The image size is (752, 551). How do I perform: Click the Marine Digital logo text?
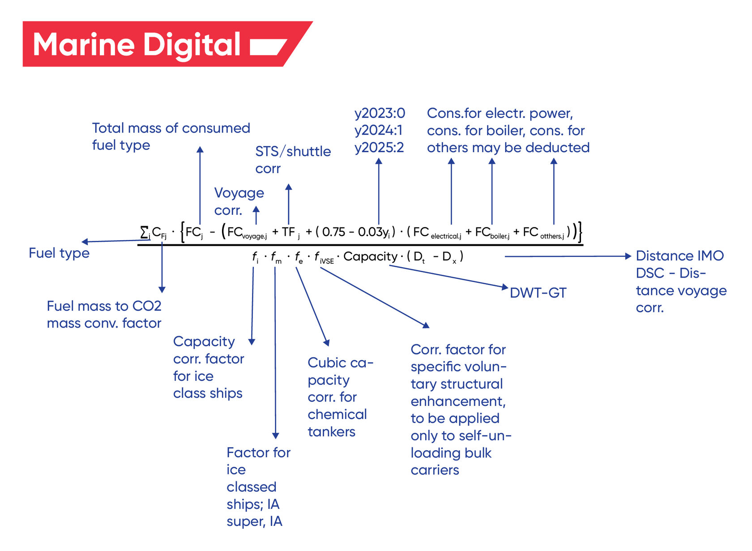[137, 45]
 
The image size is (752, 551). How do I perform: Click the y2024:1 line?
[378, 130]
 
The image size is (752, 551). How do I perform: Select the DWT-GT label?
[538, 293]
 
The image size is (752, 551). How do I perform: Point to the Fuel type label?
[59, 253]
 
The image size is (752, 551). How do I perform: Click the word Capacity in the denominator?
[370, 256]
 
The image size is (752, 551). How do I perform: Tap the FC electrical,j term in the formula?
[437, 232]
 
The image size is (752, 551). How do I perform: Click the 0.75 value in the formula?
[333, 232]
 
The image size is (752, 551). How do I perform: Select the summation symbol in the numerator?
[144, 232]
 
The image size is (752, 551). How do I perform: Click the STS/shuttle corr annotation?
[293, 160]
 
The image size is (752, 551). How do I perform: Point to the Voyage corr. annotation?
[239, 201]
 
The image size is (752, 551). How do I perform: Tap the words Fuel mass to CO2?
[104, 306]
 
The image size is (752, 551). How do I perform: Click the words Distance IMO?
[679, 256]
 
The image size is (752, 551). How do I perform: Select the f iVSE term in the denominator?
[324, 257]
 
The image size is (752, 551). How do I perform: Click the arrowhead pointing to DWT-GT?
[505, 287]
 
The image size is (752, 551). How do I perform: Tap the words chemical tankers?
[337, 423]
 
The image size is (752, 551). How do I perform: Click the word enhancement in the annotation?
[458, 401]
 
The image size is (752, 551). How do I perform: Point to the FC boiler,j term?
[492, 232]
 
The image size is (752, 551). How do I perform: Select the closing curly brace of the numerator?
[580, 232]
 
